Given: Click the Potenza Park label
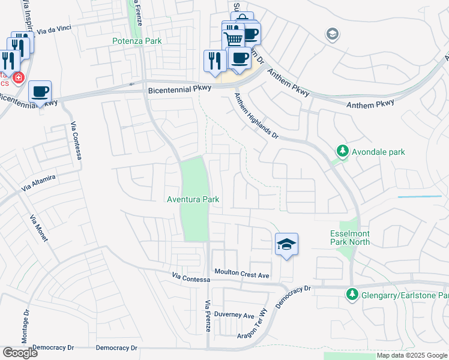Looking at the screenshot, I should coord(137,41).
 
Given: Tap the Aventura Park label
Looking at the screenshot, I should coord(193,199).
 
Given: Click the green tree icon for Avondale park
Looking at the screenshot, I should coord(342,151).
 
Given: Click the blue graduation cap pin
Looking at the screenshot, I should coord(287,244).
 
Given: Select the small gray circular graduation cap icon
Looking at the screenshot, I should coord(332,35).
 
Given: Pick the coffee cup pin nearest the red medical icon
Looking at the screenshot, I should coord(40,92).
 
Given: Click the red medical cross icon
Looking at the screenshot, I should coord(18,78).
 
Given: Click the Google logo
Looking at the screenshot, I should coord(20,353).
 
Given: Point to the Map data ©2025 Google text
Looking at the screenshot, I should coord(411,355).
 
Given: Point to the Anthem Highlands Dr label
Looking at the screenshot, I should coord(256,117).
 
